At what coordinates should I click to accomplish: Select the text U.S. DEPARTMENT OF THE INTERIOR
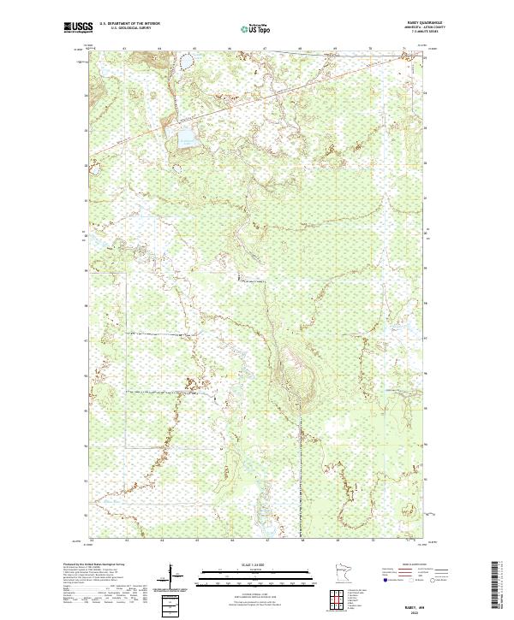click(129, 23)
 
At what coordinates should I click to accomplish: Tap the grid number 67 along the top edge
click(266, 49)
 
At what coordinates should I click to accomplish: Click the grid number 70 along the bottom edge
click(371, 540)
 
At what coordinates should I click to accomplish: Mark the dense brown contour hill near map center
click(296, 376)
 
